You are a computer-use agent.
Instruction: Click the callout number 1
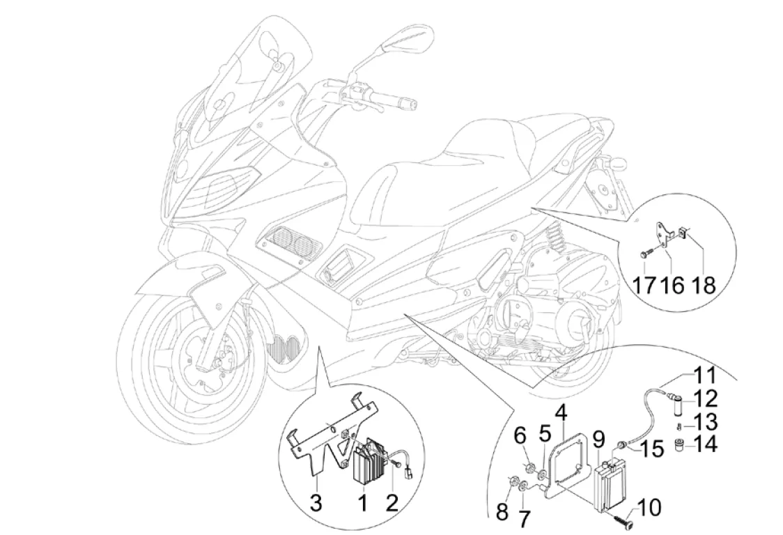pyautogui.click(x=362, y=500)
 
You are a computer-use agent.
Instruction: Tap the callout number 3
pyautogui.click(x=316, y=502)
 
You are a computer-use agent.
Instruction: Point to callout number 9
pyautogui.click(x=598, y=440)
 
